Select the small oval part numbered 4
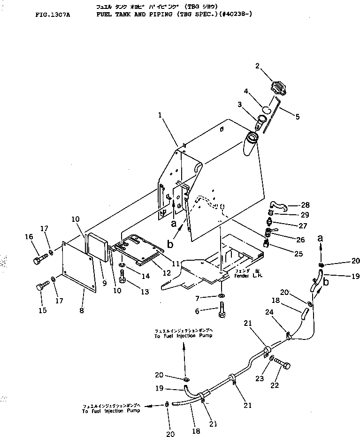[266, 110]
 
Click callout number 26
[300, 240]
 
